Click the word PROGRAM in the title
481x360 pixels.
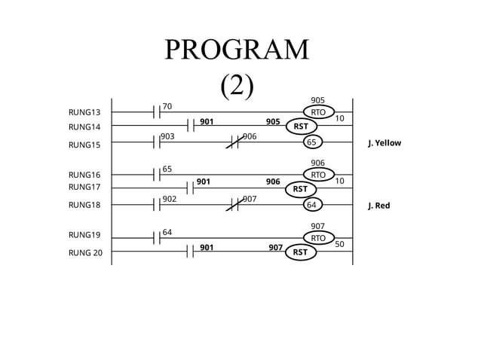pyautogui.click(x=237, y=50)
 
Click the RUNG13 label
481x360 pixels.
pyautogui.click(x=84, y=112)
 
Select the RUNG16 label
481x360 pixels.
pyautogui.click(x=84, y=175)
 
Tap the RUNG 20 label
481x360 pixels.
pyautogui.click(x=85, y=252)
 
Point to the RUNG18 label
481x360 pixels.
pyautogui.click(x=84, y=205)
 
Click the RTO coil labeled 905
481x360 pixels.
pyautogui.click(x=318, y=112)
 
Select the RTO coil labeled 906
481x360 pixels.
pyautogui.click(x=318, y=175)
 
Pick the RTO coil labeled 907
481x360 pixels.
pyautogui.click(x=318, y=238)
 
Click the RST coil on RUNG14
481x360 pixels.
pyautogui.click(x=300, y=127)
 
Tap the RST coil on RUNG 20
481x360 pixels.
pyautogui.click(x=300, y=252)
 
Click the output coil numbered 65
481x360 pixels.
pyautogui.click(x=311, y=142)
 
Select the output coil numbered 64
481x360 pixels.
pyautogui.click(x=311, y=205)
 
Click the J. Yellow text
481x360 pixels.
pyautogui.click(x=384, y=142)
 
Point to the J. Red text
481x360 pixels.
pyautogui.click(x=378, y=205)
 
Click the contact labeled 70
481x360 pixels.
pyautogui.click(x=157, y=112)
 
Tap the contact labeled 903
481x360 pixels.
pyautogui.click(x=157, y=142)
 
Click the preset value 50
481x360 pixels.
pyautogui.click(x=339, y=244)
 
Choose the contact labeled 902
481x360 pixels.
pyautogui.click(x=157, y=205)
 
